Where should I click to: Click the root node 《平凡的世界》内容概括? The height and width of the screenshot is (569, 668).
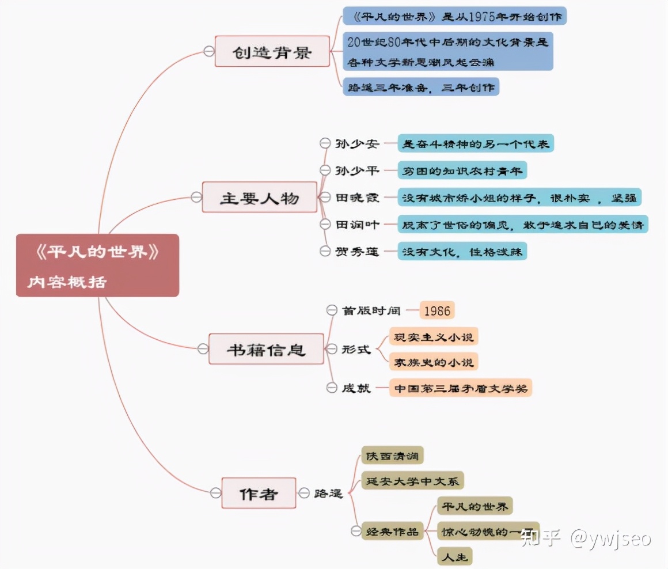[97, 265]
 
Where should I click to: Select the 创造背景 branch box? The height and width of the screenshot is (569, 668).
[272, 51]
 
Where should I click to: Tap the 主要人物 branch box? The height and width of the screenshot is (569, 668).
[259, 198]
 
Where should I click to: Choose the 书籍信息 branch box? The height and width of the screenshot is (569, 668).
[265, 349]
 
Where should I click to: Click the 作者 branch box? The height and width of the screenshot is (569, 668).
[259, 493]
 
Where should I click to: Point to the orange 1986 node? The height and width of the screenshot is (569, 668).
[437, 310]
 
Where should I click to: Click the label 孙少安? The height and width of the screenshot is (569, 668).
[357, 143]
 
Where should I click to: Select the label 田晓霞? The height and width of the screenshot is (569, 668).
[357, 198]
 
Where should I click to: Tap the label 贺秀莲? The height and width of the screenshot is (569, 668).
[357, 251]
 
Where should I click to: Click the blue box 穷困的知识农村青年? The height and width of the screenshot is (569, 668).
[462, 170]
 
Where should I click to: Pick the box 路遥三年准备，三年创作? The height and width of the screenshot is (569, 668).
[421, 87]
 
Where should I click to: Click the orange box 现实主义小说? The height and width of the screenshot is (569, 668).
[433, 336]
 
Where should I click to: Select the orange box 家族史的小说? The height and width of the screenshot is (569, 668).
[433, 362]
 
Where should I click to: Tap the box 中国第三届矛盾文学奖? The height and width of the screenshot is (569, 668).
[461, 388]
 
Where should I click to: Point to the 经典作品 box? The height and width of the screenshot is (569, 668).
[393, 531]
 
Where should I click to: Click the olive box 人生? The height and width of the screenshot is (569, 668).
[454, 556]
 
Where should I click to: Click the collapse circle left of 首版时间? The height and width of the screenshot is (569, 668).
[331, 310]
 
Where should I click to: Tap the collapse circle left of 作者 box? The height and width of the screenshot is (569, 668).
[215, 493]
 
